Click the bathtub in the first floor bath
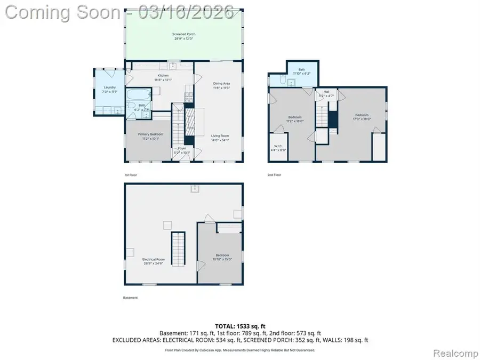(137, 95)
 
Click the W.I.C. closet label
(277, 148)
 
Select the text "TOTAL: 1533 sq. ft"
(239, 325)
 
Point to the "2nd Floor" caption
(275, 175)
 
